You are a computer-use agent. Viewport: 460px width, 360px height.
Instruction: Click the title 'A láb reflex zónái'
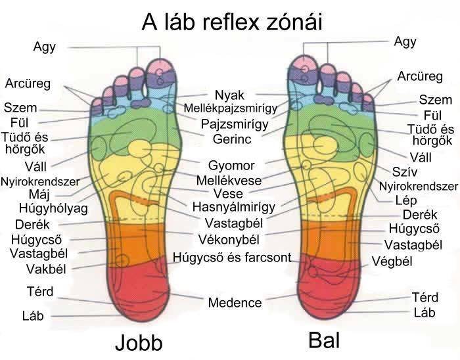click(232, 22)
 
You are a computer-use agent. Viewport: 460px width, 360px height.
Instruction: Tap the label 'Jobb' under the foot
click(139, 343)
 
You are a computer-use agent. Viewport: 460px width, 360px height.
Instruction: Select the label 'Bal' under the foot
click(324, 340)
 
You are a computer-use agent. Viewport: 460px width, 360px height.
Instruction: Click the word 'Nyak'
click(229, 95)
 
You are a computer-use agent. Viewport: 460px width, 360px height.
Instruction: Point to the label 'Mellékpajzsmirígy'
click(231, 108)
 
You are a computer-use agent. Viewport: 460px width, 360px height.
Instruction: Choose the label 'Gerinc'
click(232, 139)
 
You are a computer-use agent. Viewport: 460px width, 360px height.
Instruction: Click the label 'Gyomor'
click(231, 166)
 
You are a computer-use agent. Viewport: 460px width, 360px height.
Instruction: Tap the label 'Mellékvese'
click(229, 180)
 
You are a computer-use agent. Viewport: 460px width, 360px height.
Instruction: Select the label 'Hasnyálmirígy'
click(234, 207)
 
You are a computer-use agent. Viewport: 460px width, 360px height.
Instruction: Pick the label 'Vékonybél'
click(229, 240)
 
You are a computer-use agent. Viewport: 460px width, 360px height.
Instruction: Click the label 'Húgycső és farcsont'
click(232, 258)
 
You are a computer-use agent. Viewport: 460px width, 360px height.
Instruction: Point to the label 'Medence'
click(235, 303)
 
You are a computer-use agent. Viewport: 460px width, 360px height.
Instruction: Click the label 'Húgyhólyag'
click(53, 209)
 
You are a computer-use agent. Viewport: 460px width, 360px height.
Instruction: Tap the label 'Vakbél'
click(46, 269)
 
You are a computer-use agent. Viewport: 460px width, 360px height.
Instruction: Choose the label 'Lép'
click(406, 200)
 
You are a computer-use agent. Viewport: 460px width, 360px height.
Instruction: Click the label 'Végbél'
click(392, 261)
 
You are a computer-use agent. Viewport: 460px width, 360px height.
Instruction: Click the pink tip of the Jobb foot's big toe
click(159, 66)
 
